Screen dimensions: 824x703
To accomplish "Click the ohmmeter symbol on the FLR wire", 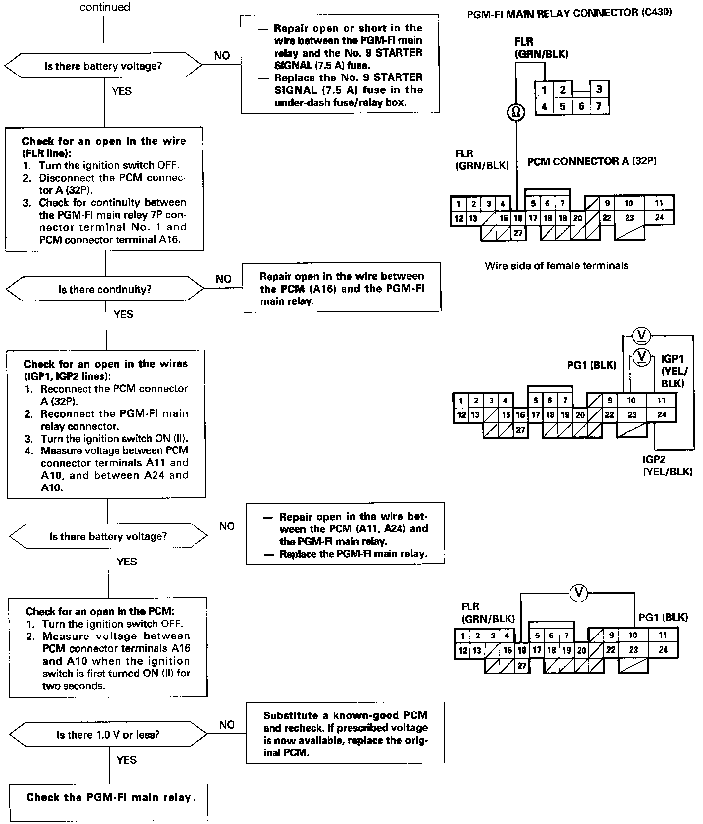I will (x=516, y=112).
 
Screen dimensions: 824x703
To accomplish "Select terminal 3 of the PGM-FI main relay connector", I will (x=599, y=90).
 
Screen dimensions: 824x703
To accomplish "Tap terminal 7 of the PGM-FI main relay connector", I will (x=599, y=106).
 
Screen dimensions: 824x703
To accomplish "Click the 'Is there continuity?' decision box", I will (x=105, y=289).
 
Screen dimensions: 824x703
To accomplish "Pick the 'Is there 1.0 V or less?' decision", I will (x=108, y=735).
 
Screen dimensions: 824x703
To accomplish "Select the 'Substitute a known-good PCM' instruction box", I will (x=345, y=733).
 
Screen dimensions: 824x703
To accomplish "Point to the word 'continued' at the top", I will (x=105, y=7).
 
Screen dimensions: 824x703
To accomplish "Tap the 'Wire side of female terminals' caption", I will (x=556, y=266).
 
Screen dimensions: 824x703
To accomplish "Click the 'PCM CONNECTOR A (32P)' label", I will (x=591, y=161).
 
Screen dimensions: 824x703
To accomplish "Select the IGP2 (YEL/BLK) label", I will (x=667, y=466).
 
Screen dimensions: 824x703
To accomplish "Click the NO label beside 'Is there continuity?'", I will (x=223, y=279).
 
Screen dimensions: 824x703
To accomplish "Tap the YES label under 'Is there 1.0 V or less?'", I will (x=126, y=760).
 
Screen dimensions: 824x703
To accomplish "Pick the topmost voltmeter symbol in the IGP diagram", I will (x=641, y=336).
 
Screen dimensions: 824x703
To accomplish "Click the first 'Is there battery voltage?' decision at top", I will (x=103, y=66).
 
